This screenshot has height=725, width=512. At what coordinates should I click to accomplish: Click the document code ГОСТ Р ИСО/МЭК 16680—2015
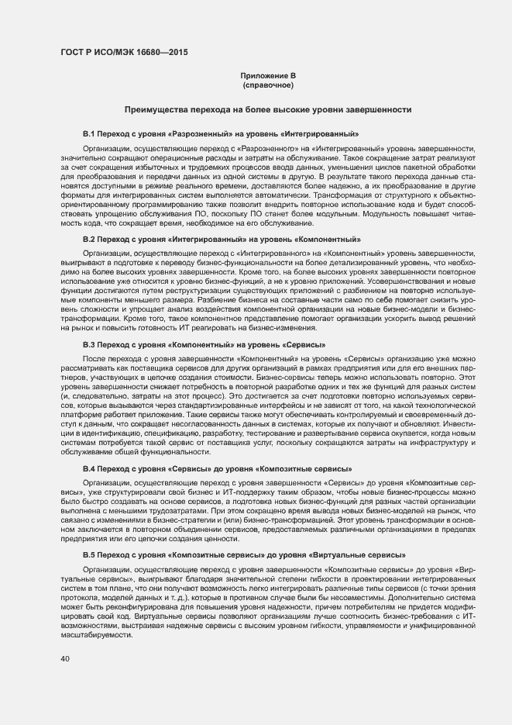pyautogui.click(x=124, y=54)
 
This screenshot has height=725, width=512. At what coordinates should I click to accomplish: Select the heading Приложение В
pyautogui.click(x=268, y=75)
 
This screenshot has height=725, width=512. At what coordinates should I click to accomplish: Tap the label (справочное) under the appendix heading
pyautogui.click(x=268, y=84)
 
